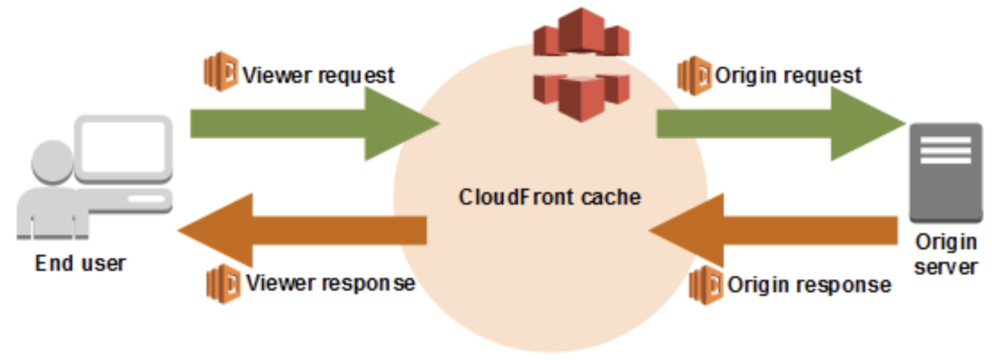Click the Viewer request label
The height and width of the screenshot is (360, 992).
pyautogui.click(x=318, y=75)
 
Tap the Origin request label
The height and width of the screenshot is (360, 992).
pyautogui.click(x=788, y=75)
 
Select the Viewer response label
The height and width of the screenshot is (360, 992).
pyautogui.click(x=330, y=283)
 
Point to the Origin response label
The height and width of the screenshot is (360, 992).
pyautogui.click(x=809, y=285)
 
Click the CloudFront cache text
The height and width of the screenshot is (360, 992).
pyautogui.click(x=550, y=197)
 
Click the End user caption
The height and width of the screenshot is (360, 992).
pyautogui.click(x=81, y=264)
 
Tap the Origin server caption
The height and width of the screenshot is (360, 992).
pyautogui.click(x=946, y=254)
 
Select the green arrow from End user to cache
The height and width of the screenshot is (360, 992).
pyautogui.click(x=308, y=124)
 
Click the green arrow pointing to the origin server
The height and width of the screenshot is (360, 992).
pyautogui.click(x=774, y=124)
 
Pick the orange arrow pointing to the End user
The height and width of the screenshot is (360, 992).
pyautogui.click(x=308, y=230)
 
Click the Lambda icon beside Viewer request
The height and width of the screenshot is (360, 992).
pyautogui.click(x=221, y=71)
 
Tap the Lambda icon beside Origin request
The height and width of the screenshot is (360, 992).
pyautogui.click(x=694, y=75)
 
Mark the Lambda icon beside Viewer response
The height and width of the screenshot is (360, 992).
pyautogui.click(x=223, y=284)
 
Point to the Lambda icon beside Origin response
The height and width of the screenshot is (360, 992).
pyautogui.click(x=706, y=285)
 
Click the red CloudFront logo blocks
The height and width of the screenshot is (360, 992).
pyautogui.click(x=582, y=64)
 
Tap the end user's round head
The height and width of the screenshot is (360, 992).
pyautogui.click(x=52, y=161)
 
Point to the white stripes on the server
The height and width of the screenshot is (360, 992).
pyautogui.click(x=946, y=150)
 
